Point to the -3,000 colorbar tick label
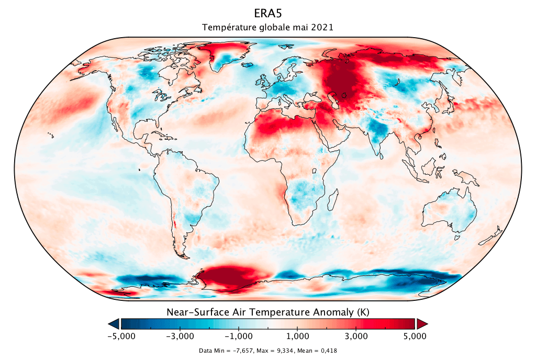pyautogui.click(x=180, y=336)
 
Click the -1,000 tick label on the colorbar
pyautogui.click(x=239, y=336)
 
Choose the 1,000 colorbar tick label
pyautogui.click(x=297, y=336)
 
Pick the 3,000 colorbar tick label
pyautogui.click(x=356, y=336)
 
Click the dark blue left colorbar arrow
pyautogui.click(x=114, y=323)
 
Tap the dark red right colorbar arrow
pyautogui.click(x=422, y=323)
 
